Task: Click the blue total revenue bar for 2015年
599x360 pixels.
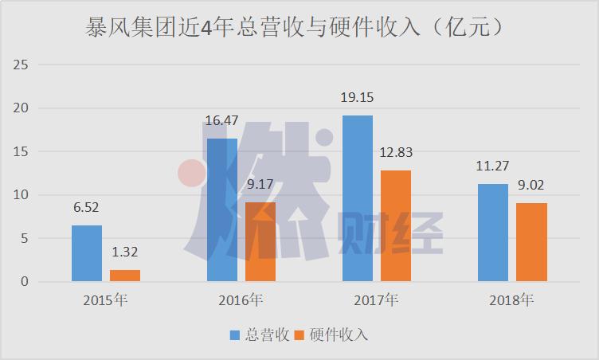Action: point(87,253)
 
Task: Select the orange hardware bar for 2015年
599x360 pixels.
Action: point(125,276)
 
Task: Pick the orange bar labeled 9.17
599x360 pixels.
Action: point(260,241)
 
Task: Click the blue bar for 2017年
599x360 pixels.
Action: point(358,198)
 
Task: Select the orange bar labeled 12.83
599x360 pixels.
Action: point(396,226)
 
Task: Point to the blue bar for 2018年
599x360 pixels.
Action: point(493,233)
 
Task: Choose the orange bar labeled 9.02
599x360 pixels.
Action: point(531,242)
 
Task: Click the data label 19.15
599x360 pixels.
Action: point(358,98)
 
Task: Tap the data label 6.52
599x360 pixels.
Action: point(87,208)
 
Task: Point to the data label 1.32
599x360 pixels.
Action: point(125,253)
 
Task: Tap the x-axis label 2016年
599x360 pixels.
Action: point(241,300)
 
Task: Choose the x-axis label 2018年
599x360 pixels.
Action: point(511,300)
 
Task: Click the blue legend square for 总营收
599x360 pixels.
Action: point(235,335)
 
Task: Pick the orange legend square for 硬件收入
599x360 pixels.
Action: point(300,335)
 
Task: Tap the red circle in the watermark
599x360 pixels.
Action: point(192,174)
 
